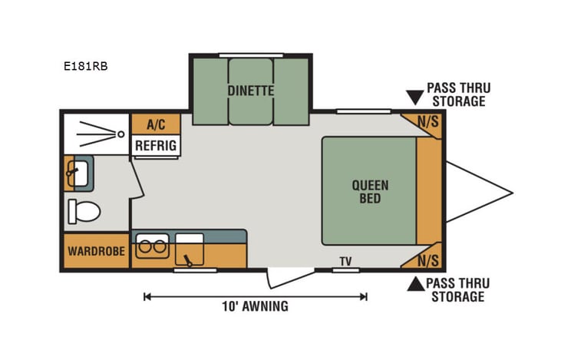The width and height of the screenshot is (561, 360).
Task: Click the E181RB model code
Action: [x=85, y=66]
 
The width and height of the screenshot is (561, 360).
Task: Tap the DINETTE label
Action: [x=250, y=90]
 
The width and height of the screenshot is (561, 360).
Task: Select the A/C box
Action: [x=156, y=123]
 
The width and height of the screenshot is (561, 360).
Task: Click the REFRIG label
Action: [x=156, y=144]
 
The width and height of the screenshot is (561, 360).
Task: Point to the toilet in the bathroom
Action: [x=84, y=209]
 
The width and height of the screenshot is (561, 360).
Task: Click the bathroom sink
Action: [x=79, y=172]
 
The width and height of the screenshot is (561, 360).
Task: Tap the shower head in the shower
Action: [x=120, y=134]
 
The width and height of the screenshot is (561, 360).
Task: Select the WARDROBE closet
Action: [x=96, y=251]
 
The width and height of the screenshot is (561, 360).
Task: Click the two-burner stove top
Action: [x=151, y=248]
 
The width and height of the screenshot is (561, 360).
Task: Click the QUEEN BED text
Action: [x=370, y=191]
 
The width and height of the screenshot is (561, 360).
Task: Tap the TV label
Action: [x=345, y=262]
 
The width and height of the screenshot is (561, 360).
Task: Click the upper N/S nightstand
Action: [x=427, y=121]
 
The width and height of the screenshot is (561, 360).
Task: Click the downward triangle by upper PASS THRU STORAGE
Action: [x=415, y=97]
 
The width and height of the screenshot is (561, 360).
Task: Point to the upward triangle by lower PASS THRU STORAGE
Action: [x=415, y=285]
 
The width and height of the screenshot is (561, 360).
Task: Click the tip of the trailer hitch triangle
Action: [x=511, y=190]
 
